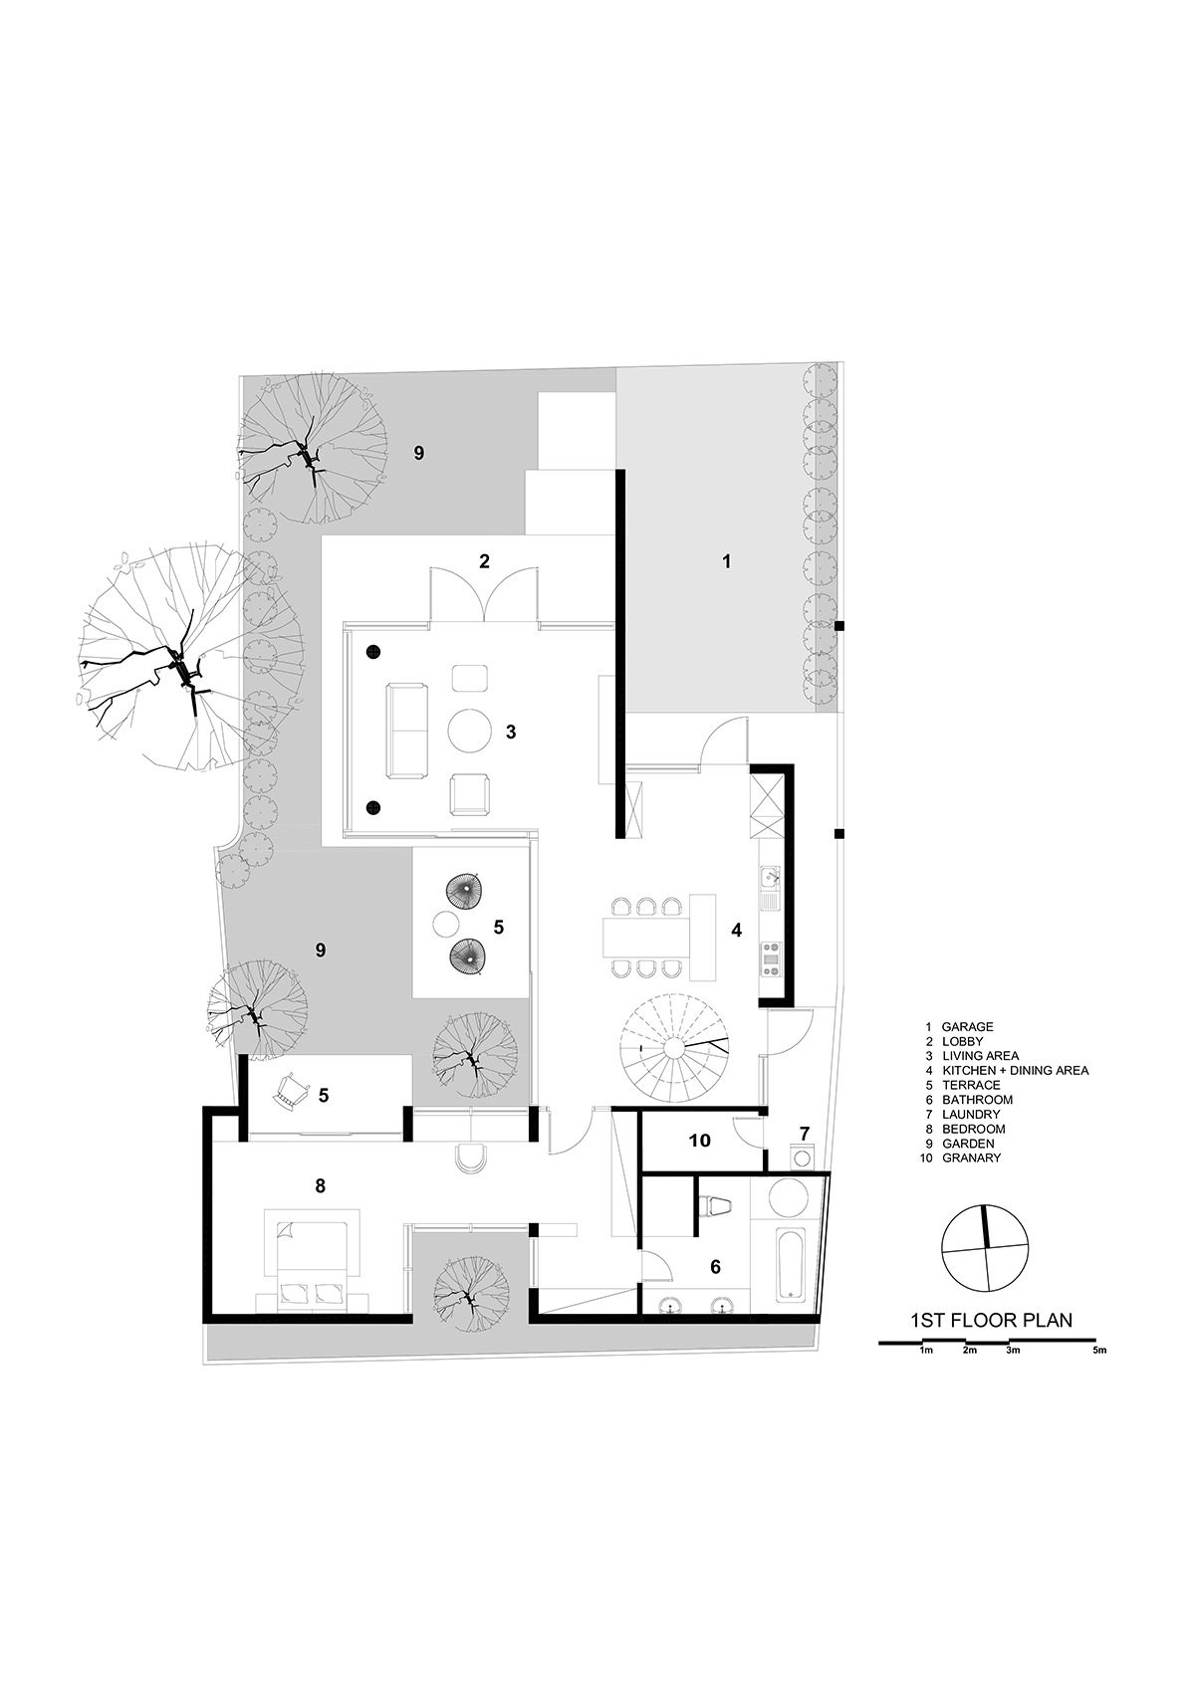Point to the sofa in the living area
coord(407,731)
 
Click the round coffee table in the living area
coord(470,730)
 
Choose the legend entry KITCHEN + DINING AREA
coord(1016,1071)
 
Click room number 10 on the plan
coord(700,1140)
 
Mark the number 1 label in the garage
coord(727,561)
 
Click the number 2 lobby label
coord(485,561)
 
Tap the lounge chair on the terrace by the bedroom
coord(291,1091)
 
